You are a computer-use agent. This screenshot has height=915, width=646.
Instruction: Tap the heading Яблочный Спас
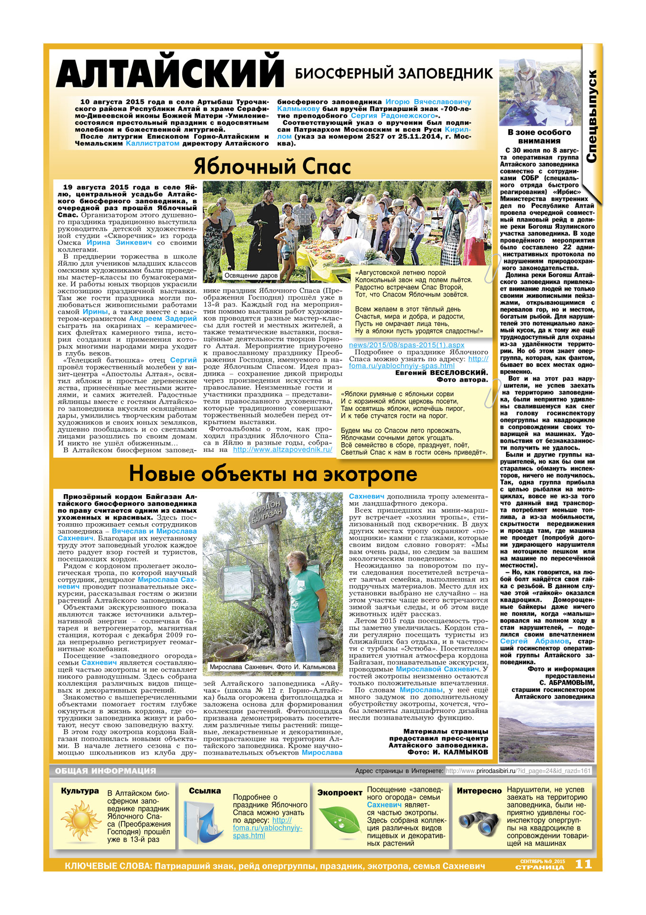pos(272,166)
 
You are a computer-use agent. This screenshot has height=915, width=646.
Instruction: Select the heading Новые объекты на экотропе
pos(273,474)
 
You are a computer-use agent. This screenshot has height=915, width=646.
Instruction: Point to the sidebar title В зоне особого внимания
pos(539,136)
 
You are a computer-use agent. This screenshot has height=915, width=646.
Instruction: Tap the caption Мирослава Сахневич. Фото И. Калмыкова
pos(272,667)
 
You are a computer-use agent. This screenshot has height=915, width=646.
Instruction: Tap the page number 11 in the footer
pos(583,864)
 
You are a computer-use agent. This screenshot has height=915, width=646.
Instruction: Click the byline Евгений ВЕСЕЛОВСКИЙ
pos(441,373)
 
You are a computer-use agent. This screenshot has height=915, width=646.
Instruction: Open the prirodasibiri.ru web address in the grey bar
pos(518,771)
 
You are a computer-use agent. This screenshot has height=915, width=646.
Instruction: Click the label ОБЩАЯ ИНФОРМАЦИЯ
pos(105,771)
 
